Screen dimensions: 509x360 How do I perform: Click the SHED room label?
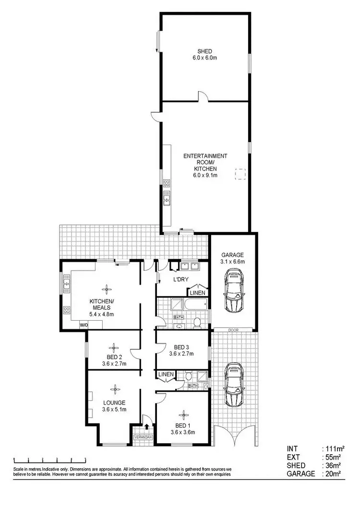(204, 51)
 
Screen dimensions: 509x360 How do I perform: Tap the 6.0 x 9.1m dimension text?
(205, 176)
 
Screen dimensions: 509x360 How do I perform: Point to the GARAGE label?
(233, 255)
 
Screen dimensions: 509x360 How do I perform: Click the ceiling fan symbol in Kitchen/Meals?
(105, 288)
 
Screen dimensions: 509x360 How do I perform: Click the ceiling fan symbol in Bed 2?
(114, 347)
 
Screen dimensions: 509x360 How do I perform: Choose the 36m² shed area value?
(332, 465)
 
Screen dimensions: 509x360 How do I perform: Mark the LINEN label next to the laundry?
(198, 292)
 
